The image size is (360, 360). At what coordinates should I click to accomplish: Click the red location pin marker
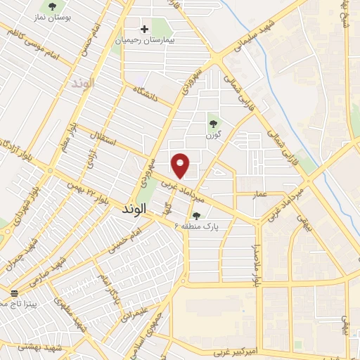coord(181,165)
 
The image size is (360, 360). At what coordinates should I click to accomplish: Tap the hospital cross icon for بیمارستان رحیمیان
coord(145,30)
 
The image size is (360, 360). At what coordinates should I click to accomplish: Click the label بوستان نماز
coord(53,17)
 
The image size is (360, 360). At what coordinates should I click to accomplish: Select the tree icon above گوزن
coord(213,124)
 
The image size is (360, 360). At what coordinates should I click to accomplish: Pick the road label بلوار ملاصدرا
coord(257,264)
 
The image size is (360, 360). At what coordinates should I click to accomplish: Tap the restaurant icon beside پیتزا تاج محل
coord(14,292)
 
